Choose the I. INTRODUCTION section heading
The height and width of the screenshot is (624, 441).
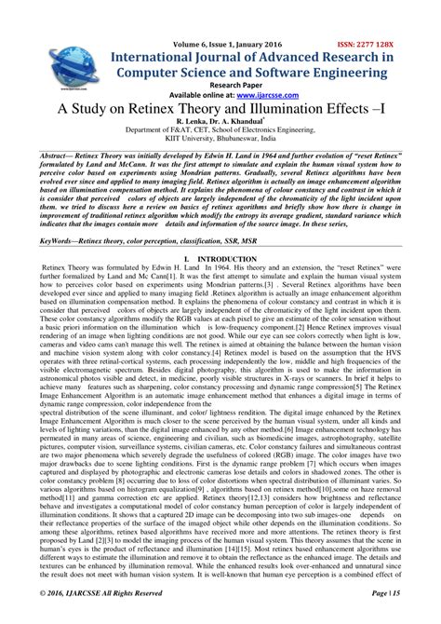220,256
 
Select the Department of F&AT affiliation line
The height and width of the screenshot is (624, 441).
220,132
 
